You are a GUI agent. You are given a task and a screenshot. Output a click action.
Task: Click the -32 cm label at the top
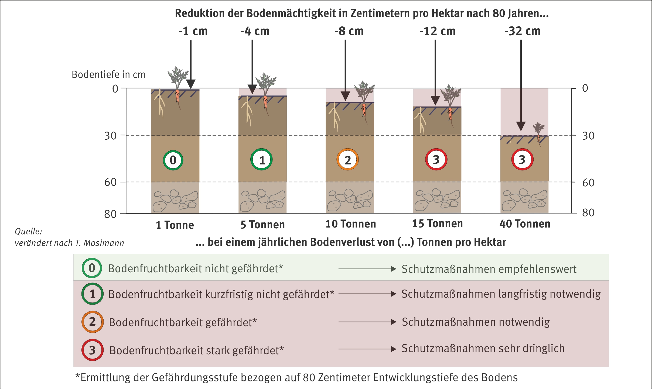click(522, 31)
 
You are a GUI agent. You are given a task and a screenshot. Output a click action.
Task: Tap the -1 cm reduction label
click(193, 31)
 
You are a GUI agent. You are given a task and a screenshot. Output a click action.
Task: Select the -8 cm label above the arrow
click(349, 31)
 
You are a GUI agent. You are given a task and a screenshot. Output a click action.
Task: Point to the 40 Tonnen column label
click(525, 224)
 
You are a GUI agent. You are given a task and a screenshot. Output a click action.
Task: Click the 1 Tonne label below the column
click(175, 225)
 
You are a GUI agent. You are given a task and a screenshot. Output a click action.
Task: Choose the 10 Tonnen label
click(350, 224)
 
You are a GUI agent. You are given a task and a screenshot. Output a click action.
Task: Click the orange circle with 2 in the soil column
click(347, 160)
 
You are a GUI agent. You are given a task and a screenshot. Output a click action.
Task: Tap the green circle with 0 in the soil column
click(173, 160)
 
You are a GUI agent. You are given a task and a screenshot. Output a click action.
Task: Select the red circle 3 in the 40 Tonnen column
click(522, 159)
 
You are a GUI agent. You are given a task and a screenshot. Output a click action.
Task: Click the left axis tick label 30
click(110, 136)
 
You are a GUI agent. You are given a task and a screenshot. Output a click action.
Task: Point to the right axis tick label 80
click(588, 213)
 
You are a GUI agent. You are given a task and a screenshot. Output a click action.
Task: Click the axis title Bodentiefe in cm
click(108, 75)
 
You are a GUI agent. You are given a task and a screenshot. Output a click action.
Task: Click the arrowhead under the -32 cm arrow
click(521, 126)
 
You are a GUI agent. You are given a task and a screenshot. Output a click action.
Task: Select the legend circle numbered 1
click(92, 294)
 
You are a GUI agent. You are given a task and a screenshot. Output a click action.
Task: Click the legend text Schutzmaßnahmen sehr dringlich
click(483, 349)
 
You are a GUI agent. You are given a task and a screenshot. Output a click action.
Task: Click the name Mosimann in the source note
click(104, 243)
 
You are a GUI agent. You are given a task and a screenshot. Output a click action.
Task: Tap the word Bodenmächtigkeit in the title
click(297, 13)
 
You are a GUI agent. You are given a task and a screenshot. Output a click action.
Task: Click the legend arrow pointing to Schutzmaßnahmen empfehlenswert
click(367, 269)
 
